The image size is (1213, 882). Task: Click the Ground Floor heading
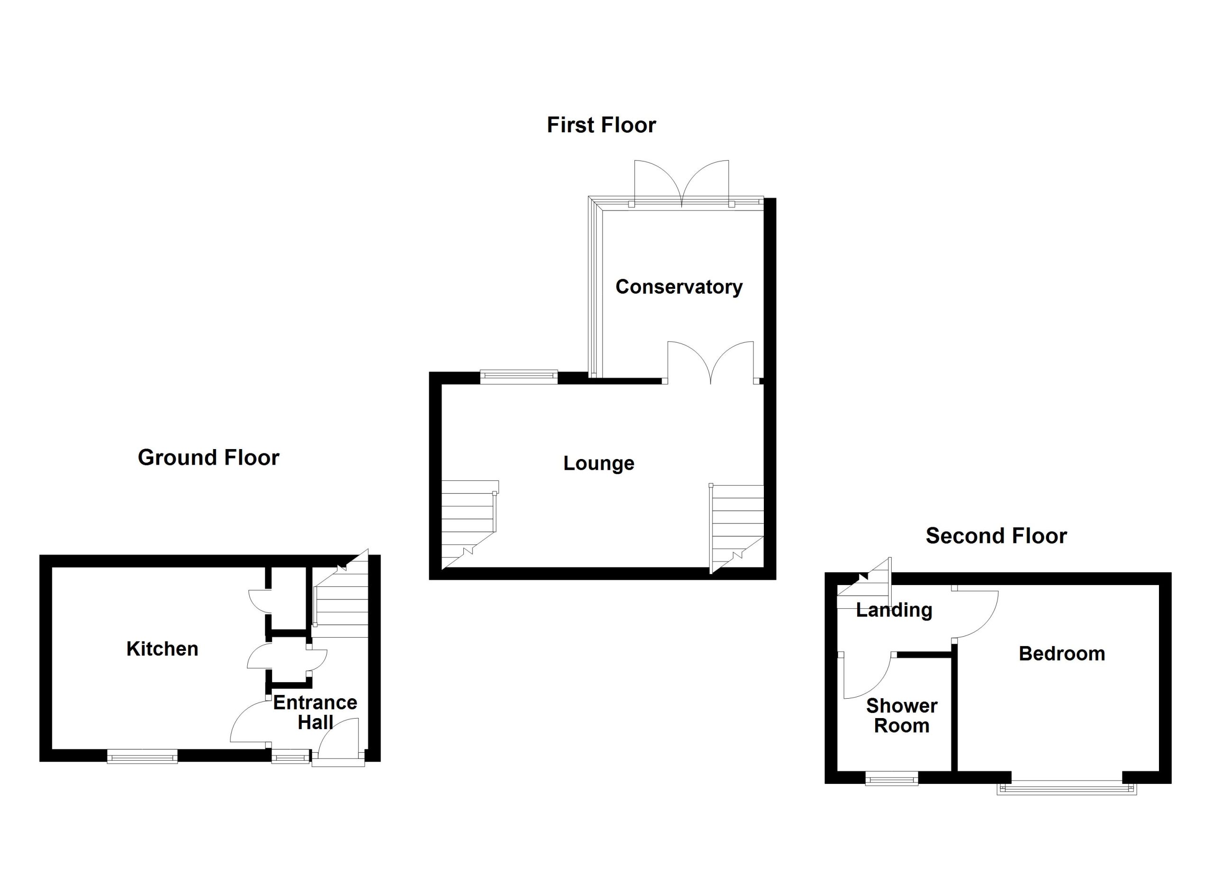pyautogui.click(x=208, y=458)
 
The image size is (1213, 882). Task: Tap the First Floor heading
pyautogui.click(x=601, y=125)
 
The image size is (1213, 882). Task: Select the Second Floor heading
pyautogui.click(x=996, y=536)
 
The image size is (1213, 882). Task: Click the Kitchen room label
pyautogui.click(x=162, y=649)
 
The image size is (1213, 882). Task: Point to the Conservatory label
pyautogui.click(x=679, y=287)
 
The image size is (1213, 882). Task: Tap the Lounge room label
pyautogui.click(x=598, y=463)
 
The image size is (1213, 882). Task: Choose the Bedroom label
pyautogui.click(x=1062, y=654)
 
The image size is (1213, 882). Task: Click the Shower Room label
pyautogui.click(x=902, y=716)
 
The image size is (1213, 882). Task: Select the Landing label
pyautogui.click(x=894, y=611)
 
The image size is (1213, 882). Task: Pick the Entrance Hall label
pyautogui.click(x=315, y=712)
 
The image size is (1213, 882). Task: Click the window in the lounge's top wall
pyautogui.click(x=519, y=377)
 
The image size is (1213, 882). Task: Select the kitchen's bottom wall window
pyautogui.click(x=142, y=756)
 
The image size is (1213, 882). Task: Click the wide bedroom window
pyautogui.click(x=1067, y=789)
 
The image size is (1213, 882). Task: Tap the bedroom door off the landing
pyautogui.click(x=975, y=614)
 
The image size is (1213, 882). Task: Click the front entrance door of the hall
pyautogui.click(x=338, y=739)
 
